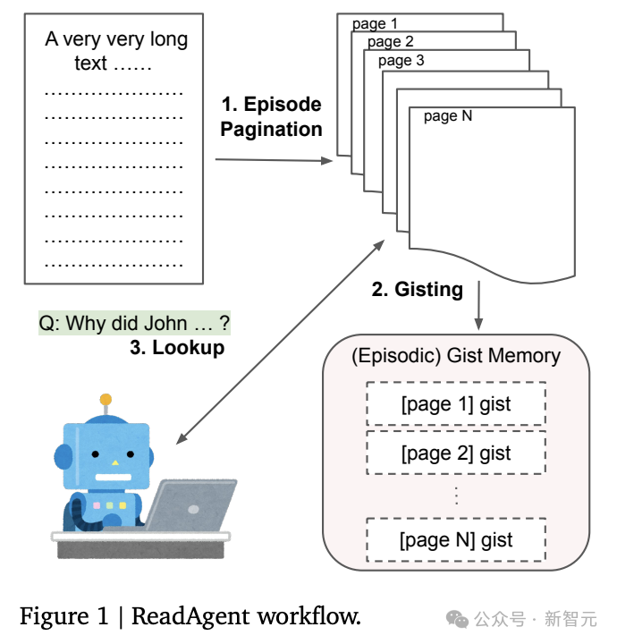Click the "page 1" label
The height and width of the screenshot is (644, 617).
(x=375, y=24)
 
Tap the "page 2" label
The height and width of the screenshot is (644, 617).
(x=390, y=42)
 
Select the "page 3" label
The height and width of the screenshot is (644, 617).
(x=401, y=61)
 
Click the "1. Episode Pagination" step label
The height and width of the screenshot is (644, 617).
(x=271, y=116)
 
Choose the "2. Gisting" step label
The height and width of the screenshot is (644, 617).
(x=417, y=290)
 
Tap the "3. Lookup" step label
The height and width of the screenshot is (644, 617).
(x=177, y=348)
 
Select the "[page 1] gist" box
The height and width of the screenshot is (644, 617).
(x=456, y=404)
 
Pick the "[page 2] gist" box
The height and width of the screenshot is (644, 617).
(x=456, y=453)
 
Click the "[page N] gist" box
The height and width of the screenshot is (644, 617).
(x=456, y=539)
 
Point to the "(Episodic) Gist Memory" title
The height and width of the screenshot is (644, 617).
(x=456, y=355)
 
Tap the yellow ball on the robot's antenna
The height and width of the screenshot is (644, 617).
(x=106, y=399)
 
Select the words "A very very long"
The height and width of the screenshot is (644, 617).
(x=116, y=39)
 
